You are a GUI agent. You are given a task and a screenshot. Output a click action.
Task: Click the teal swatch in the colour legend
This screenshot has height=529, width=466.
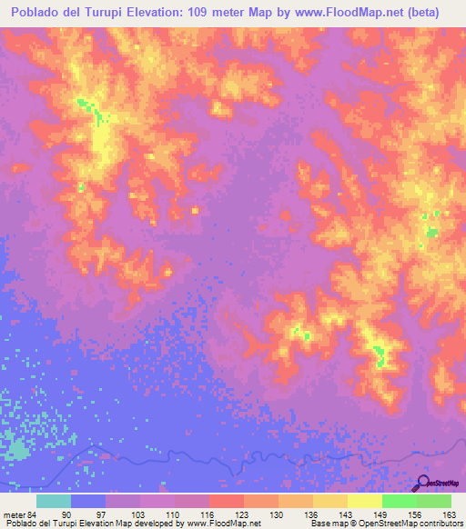(x=54, y=501)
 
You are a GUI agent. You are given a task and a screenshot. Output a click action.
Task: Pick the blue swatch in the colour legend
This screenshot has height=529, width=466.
(x=88, y=501)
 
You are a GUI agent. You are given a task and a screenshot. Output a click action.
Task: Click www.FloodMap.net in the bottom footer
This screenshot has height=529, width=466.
(x=223, y=524)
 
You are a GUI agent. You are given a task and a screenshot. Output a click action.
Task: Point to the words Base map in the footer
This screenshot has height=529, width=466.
(x=326, y=524)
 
